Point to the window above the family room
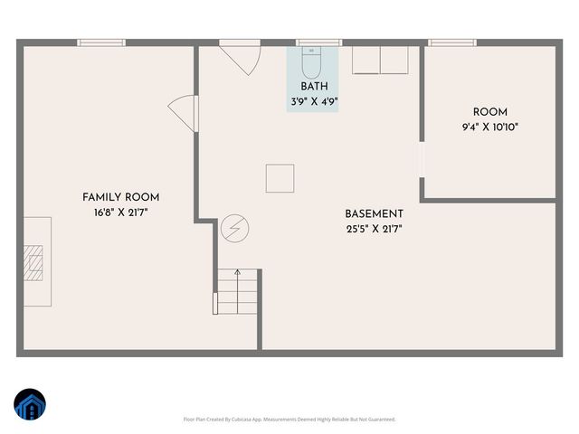[100, 42]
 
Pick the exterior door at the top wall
[242, 58]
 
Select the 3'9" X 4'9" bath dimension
[314, 101]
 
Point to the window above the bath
[319, 42]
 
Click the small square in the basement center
[280, 178]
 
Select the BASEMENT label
[374, 214]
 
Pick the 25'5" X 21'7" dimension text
[374, 230]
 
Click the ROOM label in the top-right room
[489, 113]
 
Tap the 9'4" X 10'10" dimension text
[489, 127]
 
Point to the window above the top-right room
[452, 42]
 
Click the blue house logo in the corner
[31, 405]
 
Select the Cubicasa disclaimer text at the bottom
[289, 420]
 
